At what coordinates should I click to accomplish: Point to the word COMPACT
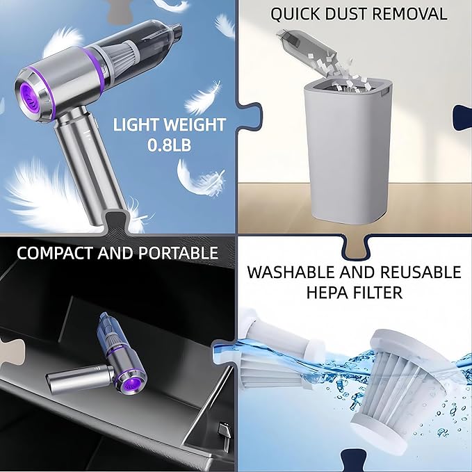coord(56,252)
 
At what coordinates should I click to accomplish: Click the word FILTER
coord(379,292)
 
